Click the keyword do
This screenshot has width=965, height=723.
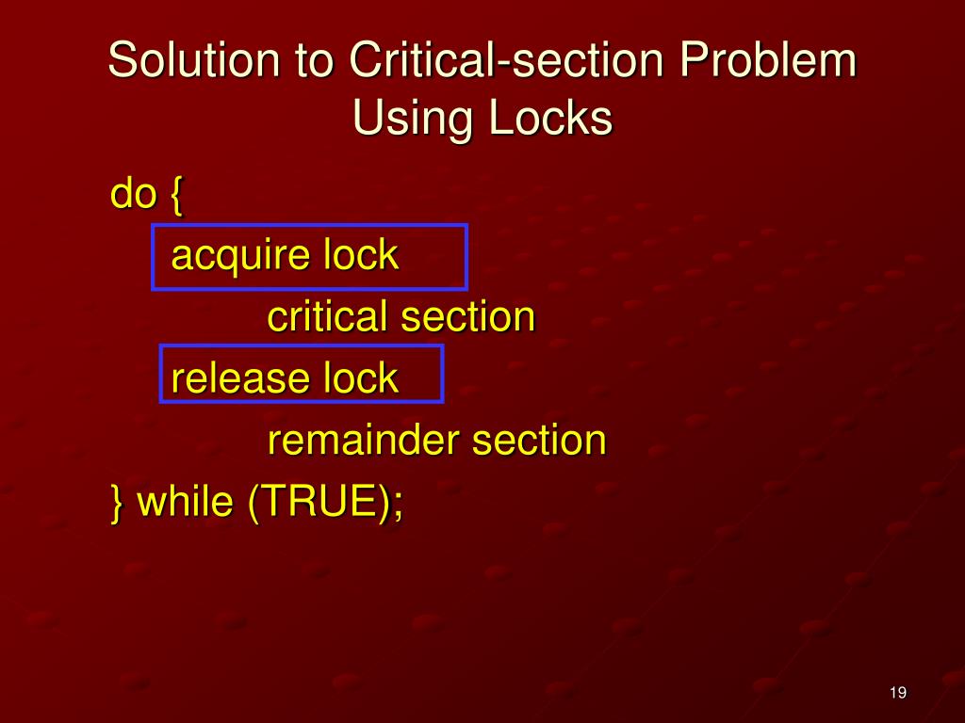[133, 195]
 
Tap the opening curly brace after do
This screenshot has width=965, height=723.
[177, 197]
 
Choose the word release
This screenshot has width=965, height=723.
[240, 378]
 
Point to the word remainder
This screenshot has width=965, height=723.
[364, 440]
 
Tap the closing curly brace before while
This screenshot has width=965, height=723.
[117, 503]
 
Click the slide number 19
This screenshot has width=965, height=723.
[897, 694]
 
